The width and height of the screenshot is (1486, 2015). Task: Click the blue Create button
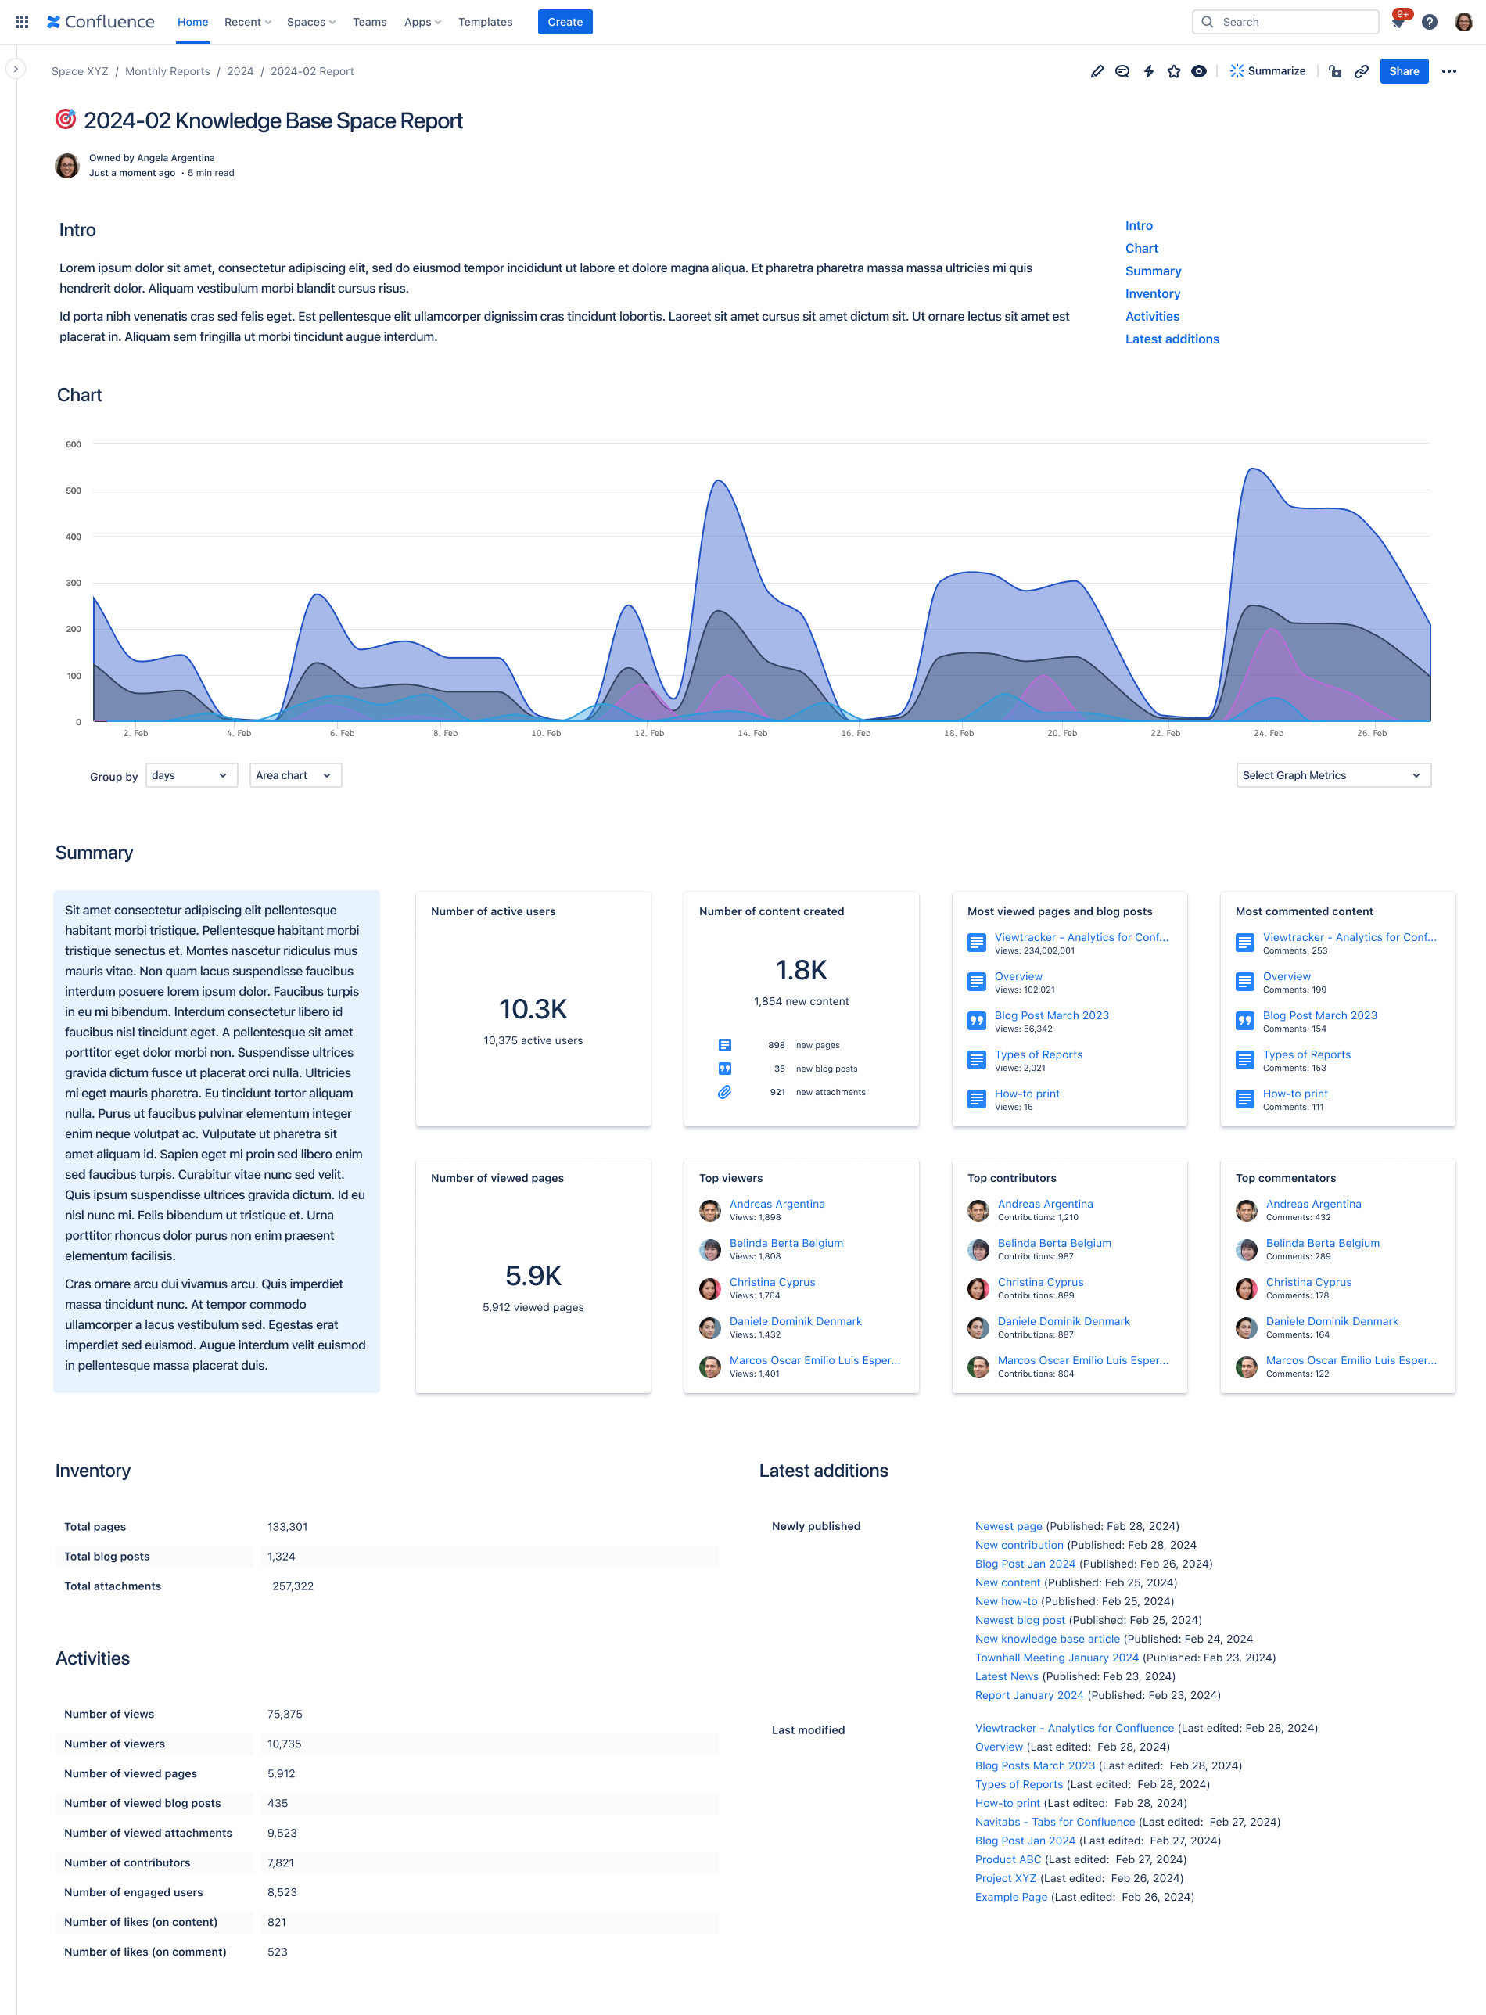pyautogui.click(x=565, y=22)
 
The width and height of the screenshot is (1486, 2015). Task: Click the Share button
pyautogui.click(x=1403, y=71)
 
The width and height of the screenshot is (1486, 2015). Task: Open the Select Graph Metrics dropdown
pyautogui.click(x=1332, y=775)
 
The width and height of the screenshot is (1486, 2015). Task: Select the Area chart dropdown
pyautogui.click(x=294, y=775)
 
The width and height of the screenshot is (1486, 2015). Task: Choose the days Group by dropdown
pyautogui.click(x=191, y=775)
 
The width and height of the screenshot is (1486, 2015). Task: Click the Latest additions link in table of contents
pyautogui.click(x=1171, y=339)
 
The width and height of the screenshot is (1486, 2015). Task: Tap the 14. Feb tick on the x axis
pyautogui.click(x=752, y=733)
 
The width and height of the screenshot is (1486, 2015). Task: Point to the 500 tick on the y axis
pyautogui.click(x=73, y=490)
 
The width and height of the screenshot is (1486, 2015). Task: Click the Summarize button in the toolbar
pyautogui.click(x=1268, y=71)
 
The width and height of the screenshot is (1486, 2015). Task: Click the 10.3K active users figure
pyautogui.click(x=533, y=1009)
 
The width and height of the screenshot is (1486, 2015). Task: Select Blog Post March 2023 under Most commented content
pyautogui.click(x=1319, y=1015)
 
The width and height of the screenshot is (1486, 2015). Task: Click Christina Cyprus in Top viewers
pyautogui.click(x=772, y=1282)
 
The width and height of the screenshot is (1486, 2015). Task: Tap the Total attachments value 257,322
pyautogui.click(x=293, y=1586)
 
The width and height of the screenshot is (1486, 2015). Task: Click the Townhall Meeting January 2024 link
pyautogui.click(x=1056, y=1657)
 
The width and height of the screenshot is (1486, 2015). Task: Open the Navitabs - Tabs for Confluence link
pyautogui.click(x=1054, y=1822)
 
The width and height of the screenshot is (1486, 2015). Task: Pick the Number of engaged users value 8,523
pyautogui.click(x=282, y=1891)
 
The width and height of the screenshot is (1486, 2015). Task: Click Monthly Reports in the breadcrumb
pyautogui.click(x=167, y=71)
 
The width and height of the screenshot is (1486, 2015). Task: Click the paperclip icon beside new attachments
pyautogui.click(x=724, y=1092)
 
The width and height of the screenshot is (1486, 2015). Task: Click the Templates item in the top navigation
pyautogui.click(x=485, y=22)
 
